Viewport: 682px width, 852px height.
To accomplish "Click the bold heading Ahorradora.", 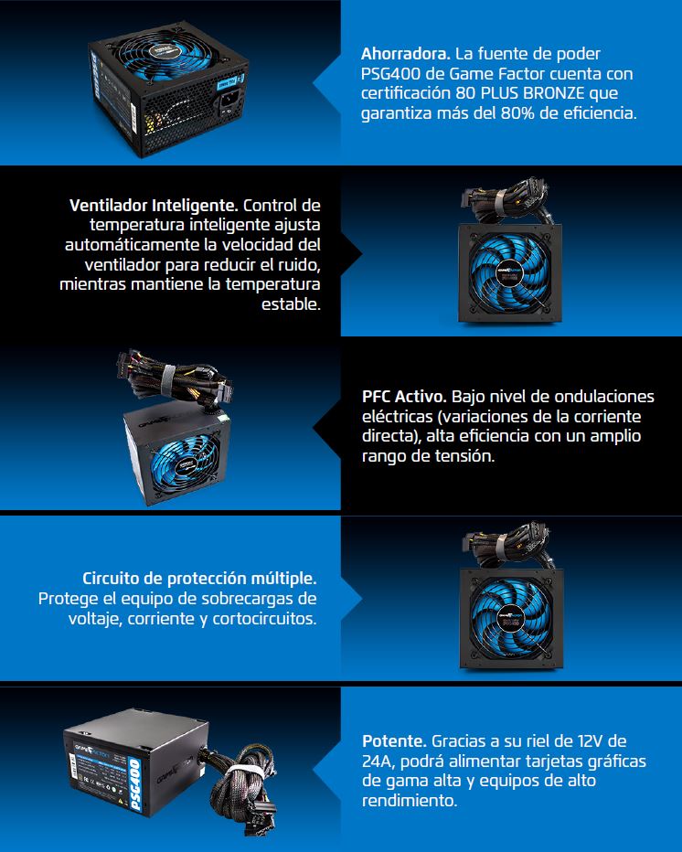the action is (405, 54).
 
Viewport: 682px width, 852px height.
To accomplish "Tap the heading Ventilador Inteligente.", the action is (154, 206).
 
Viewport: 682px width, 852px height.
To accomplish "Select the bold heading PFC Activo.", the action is (404, 397).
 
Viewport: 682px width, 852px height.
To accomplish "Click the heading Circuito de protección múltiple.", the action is (199, 579).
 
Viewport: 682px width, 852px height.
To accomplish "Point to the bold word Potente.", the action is (395, 740).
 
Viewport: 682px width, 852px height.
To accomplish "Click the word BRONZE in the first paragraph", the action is (554, 93).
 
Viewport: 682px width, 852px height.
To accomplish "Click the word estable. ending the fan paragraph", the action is (292, 304).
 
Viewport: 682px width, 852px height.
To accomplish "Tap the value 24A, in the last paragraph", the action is (378, 761).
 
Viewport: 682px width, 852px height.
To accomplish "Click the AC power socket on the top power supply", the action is (231, 102).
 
